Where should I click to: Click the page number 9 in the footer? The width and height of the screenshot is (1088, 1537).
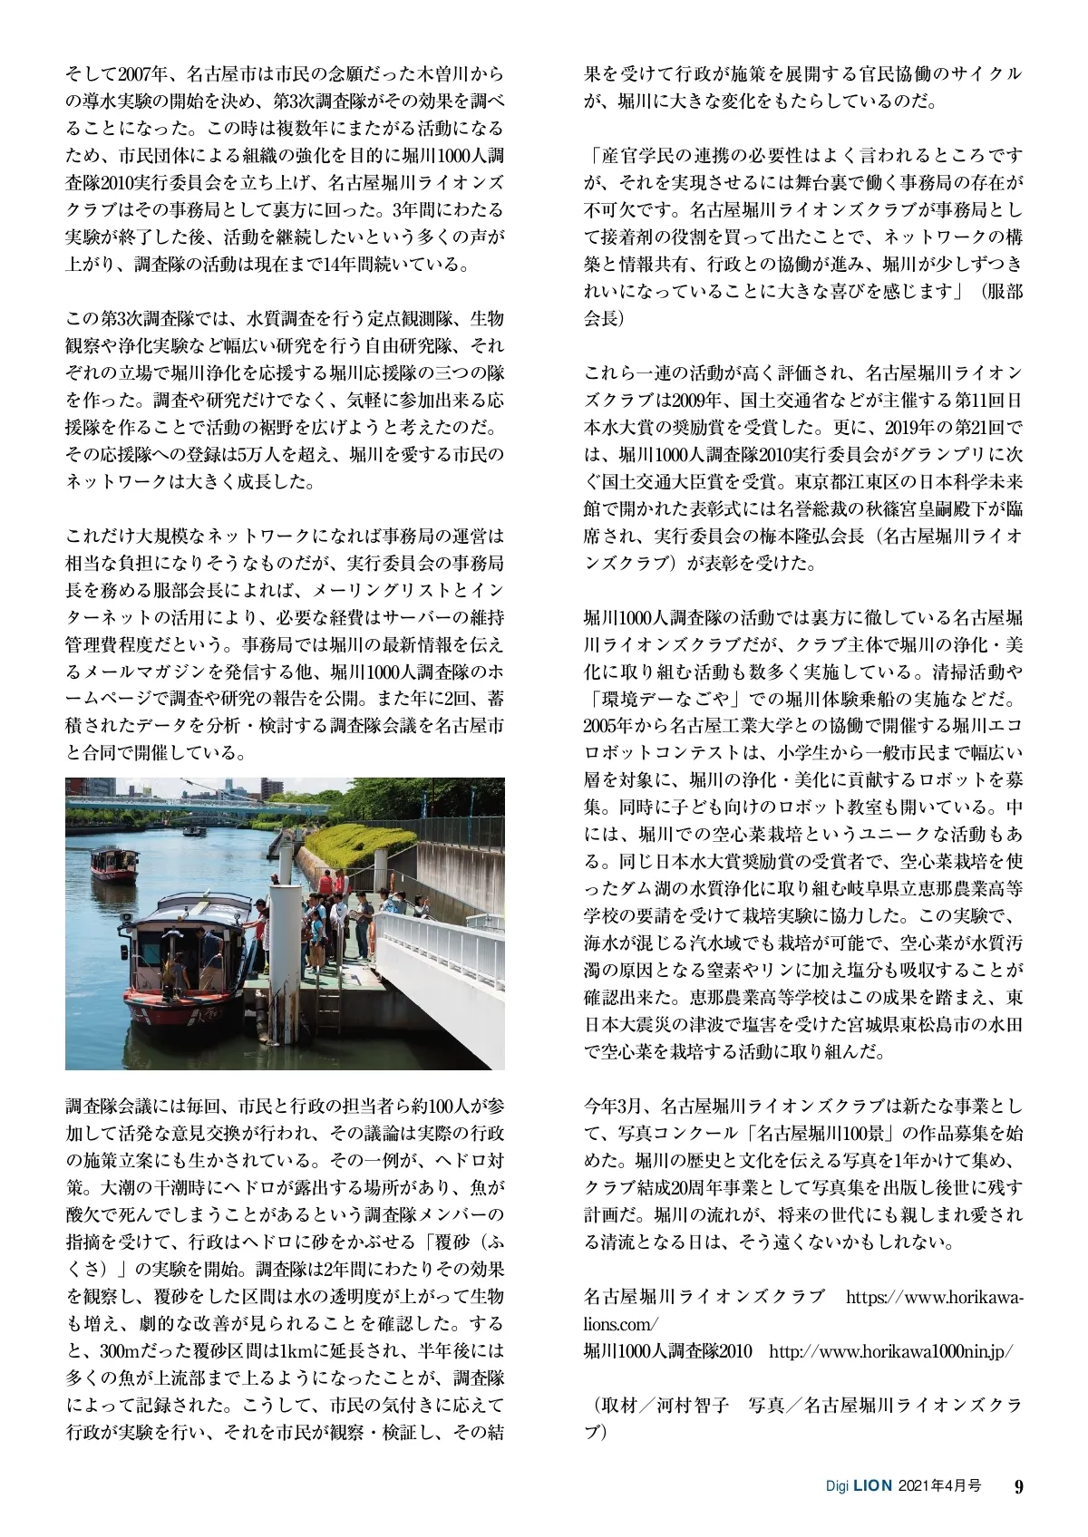[x=1018, y=1486]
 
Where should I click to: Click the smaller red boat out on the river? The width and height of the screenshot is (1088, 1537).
[x=114, y=864]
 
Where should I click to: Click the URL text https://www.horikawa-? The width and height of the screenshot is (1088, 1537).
[x=934, y=1297]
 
